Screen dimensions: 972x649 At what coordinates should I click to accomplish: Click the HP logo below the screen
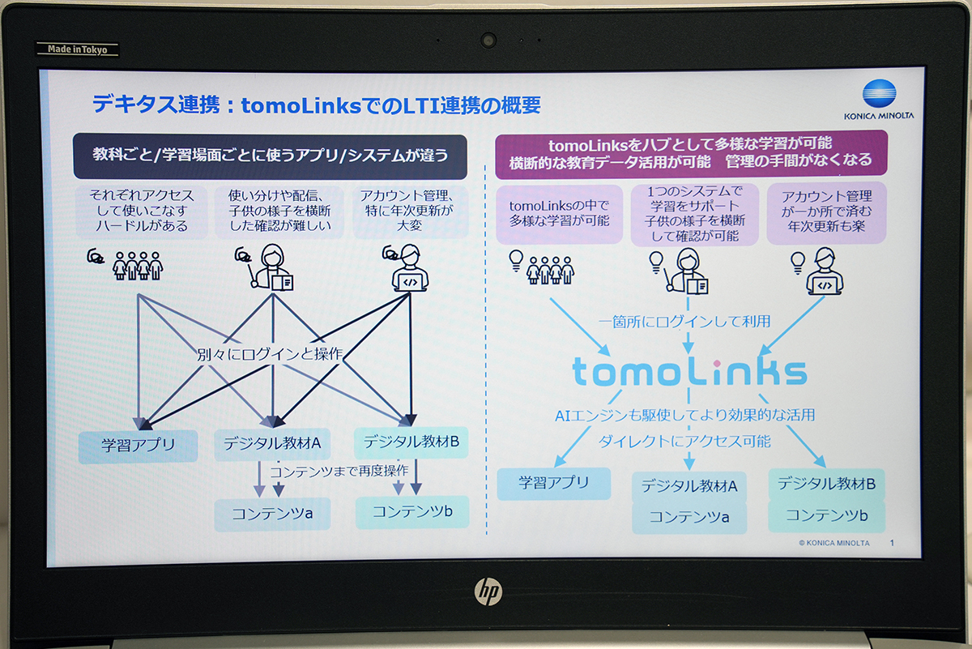point(488,592)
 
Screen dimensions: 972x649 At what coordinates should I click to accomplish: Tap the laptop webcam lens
point(488,41)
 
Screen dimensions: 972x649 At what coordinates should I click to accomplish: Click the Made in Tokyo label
point(77,49)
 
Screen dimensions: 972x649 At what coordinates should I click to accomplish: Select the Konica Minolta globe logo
point(879,93)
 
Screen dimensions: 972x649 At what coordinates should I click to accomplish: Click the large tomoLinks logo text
point(689,373)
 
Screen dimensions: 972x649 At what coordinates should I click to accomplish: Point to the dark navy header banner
point(270,156)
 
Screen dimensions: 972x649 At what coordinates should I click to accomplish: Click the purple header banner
point(691,154)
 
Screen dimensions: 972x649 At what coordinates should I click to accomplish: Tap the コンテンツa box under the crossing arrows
point(272,515)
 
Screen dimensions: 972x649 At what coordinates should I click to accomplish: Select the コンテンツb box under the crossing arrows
point(412,512)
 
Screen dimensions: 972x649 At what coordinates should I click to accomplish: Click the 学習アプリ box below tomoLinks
point(554,483)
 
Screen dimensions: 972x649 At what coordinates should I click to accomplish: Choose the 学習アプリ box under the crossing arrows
point(138,446)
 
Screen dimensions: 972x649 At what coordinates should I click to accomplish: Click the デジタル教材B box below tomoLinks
point(827,484)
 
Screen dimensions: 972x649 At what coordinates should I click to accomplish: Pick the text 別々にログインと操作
point(270,355)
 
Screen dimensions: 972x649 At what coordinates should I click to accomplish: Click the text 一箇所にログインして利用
point(684,322)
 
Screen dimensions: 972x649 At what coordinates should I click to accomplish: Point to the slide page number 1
point(892,543)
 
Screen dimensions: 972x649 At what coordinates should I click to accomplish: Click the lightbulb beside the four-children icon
point(516,260)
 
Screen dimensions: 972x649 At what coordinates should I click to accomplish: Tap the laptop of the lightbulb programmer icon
point(825,286)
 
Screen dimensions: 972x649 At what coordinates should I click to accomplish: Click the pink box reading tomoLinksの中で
point(560,214)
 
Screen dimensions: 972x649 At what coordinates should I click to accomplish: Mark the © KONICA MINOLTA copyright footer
point(834,543)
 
